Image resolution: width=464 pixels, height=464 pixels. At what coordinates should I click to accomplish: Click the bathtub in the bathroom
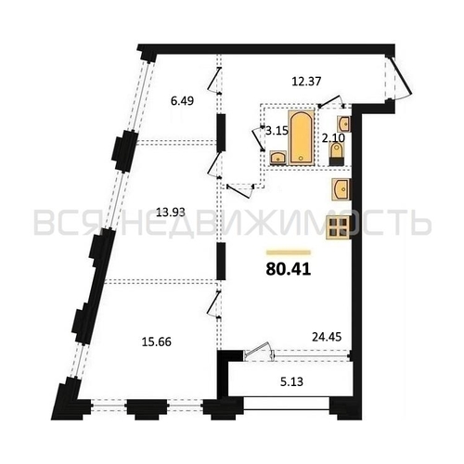[301, 138]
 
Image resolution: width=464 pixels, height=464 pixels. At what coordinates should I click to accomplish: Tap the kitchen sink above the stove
[340, 190]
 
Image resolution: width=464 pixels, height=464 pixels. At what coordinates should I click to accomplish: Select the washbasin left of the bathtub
[277, 158]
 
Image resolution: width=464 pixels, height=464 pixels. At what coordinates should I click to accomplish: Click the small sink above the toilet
[343, 122]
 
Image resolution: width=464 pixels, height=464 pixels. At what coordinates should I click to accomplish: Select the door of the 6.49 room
[214, 85]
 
